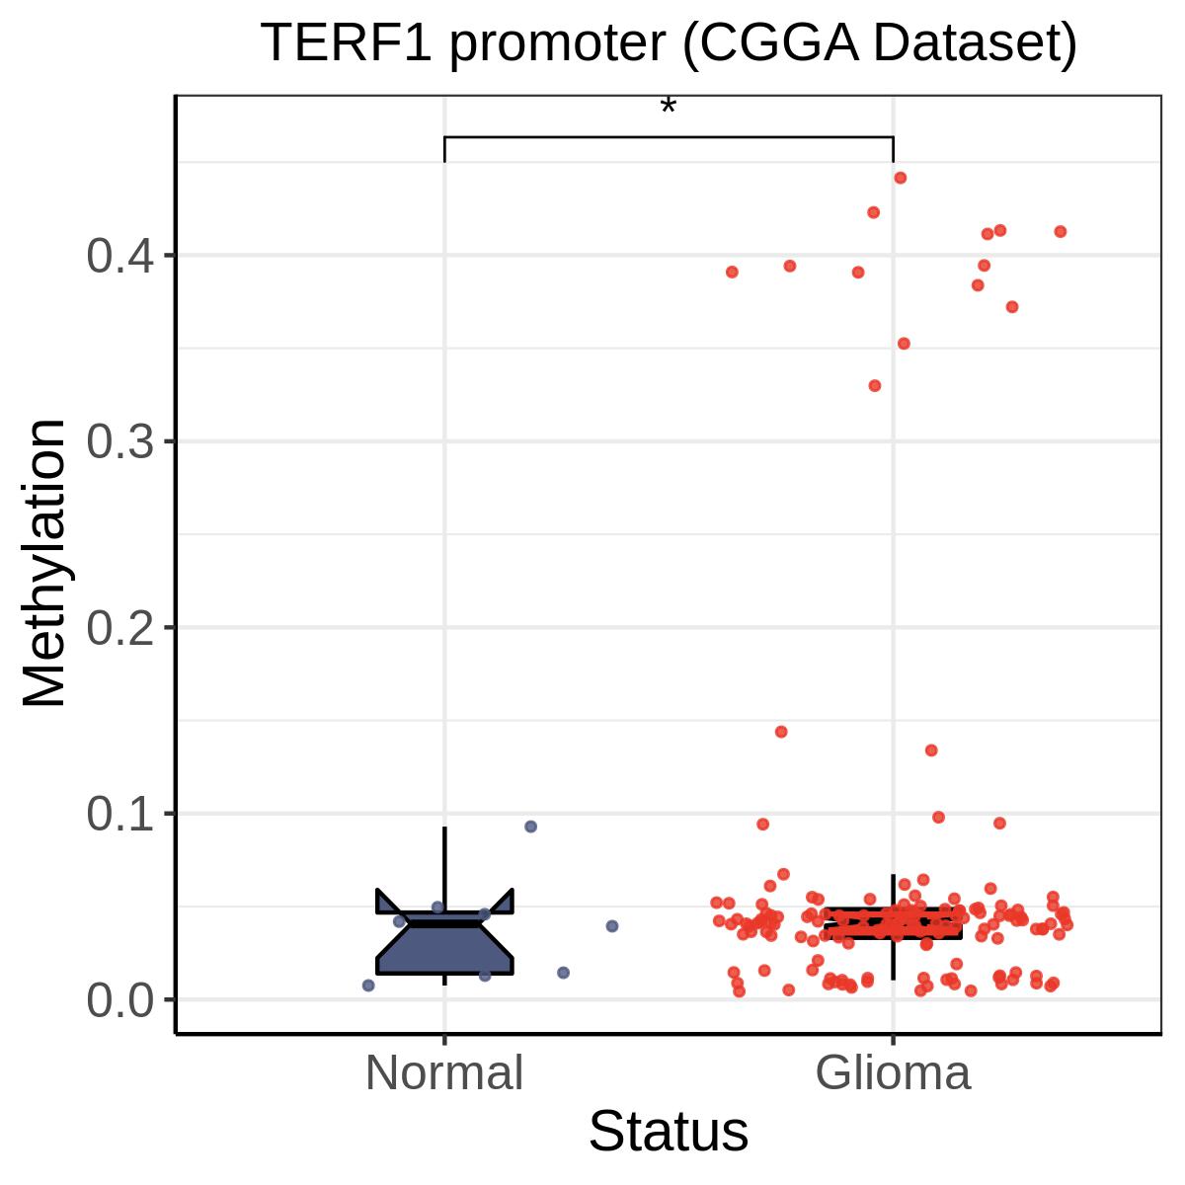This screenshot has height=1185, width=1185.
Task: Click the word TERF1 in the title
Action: tap(347, 42)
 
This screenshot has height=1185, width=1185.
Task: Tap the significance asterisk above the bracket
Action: tap(668, 107)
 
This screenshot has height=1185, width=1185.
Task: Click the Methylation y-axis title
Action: tap(43, 563)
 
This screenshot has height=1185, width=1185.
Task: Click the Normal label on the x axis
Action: tap(444, 1072)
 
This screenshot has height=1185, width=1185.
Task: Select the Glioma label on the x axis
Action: tap(893, 1072)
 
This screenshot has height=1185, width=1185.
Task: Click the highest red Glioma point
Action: tap(901, 178)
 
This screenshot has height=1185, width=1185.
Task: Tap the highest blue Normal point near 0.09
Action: tap(530, 827)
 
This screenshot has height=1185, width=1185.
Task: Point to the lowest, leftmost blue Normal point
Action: tap(368, 986)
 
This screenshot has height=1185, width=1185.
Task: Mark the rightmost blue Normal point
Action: tap(612, 926)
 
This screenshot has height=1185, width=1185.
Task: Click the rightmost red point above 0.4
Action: tap(1061, 231)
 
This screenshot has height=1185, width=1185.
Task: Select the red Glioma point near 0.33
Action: tap(875, 385)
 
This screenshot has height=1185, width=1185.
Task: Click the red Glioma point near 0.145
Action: tap(781, 732)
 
